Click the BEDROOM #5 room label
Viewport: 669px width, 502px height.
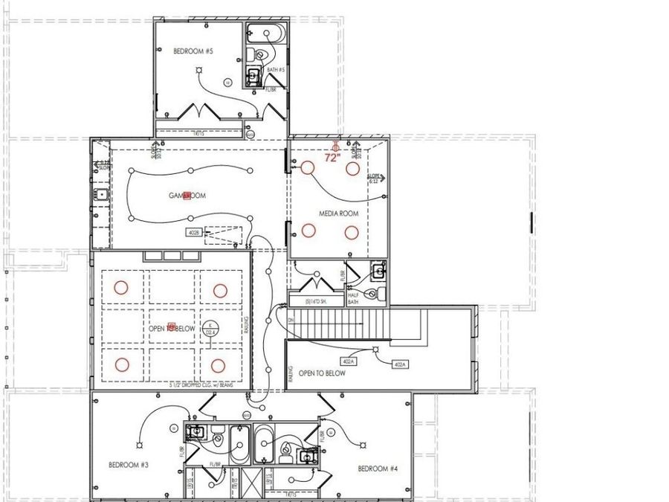pyautogui.click(x=193, y=51)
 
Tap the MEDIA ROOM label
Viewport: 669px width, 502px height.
pyautogui.click(x=339, y=213)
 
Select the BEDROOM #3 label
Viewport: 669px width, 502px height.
pyautogui.click(x=129, y=466)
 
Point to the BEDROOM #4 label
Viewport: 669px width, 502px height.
pyautogui.click(x=378, y=469)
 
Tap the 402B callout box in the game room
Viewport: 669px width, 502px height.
pyautogui.click(x=194, y=233)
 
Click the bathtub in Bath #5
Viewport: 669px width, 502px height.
pyautogui.click(x=265, y=33)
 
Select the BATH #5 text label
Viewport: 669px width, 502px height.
pyautogui.click(x=277, y=70)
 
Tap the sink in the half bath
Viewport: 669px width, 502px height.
pyautogui.click(x=378, y=271)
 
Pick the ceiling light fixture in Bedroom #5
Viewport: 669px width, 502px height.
pyautogui.click(x=199, y=71)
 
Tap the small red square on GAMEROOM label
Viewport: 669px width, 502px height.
pyautogui.click(x=187, y=195)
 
